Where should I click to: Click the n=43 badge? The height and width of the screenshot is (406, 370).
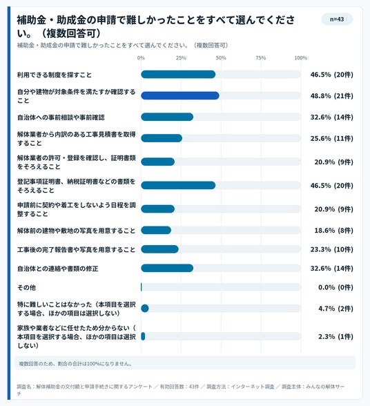coord(337,19)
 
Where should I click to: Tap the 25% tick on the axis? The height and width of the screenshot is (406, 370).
coord(181,58)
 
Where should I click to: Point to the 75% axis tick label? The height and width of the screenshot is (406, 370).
coord(261,58)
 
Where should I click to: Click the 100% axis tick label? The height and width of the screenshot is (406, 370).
coord(300,58)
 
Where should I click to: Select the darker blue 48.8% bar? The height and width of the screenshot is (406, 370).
coord(180,95)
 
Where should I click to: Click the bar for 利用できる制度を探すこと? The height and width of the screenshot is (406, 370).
coord(178,75)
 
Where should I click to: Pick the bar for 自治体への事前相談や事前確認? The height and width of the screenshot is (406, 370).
coord(167,117)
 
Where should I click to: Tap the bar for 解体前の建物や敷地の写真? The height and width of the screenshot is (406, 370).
coord(156,230)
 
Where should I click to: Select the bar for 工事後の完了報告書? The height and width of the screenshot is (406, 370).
coord(159,249)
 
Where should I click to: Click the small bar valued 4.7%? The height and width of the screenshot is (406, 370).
coord(145,308)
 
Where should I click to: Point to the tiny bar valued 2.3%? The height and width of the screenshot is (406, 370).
coord(143,336)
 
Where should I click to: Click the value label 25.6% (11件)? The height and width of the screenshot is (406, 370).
coord(331,138)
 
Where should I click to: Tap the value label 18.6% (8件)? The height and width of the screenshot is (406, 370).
coord(333,230)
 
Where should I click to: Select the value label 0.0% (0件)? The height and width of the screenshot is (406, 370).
coord(335,287)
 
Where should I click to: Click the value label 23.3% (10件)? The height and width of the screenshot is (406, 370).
coord(331,249)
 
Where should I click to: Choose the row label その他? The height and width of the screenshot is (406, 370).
coord(26,287)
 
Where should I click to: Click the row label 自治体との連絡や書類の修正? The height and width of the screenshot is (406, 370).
coord(58,269)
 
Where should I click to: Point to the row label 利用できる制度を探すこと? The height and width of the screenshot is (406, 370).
coord(55,75)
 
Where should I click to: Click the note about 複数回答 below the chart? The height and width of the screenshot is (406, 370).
coord(76,363)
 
